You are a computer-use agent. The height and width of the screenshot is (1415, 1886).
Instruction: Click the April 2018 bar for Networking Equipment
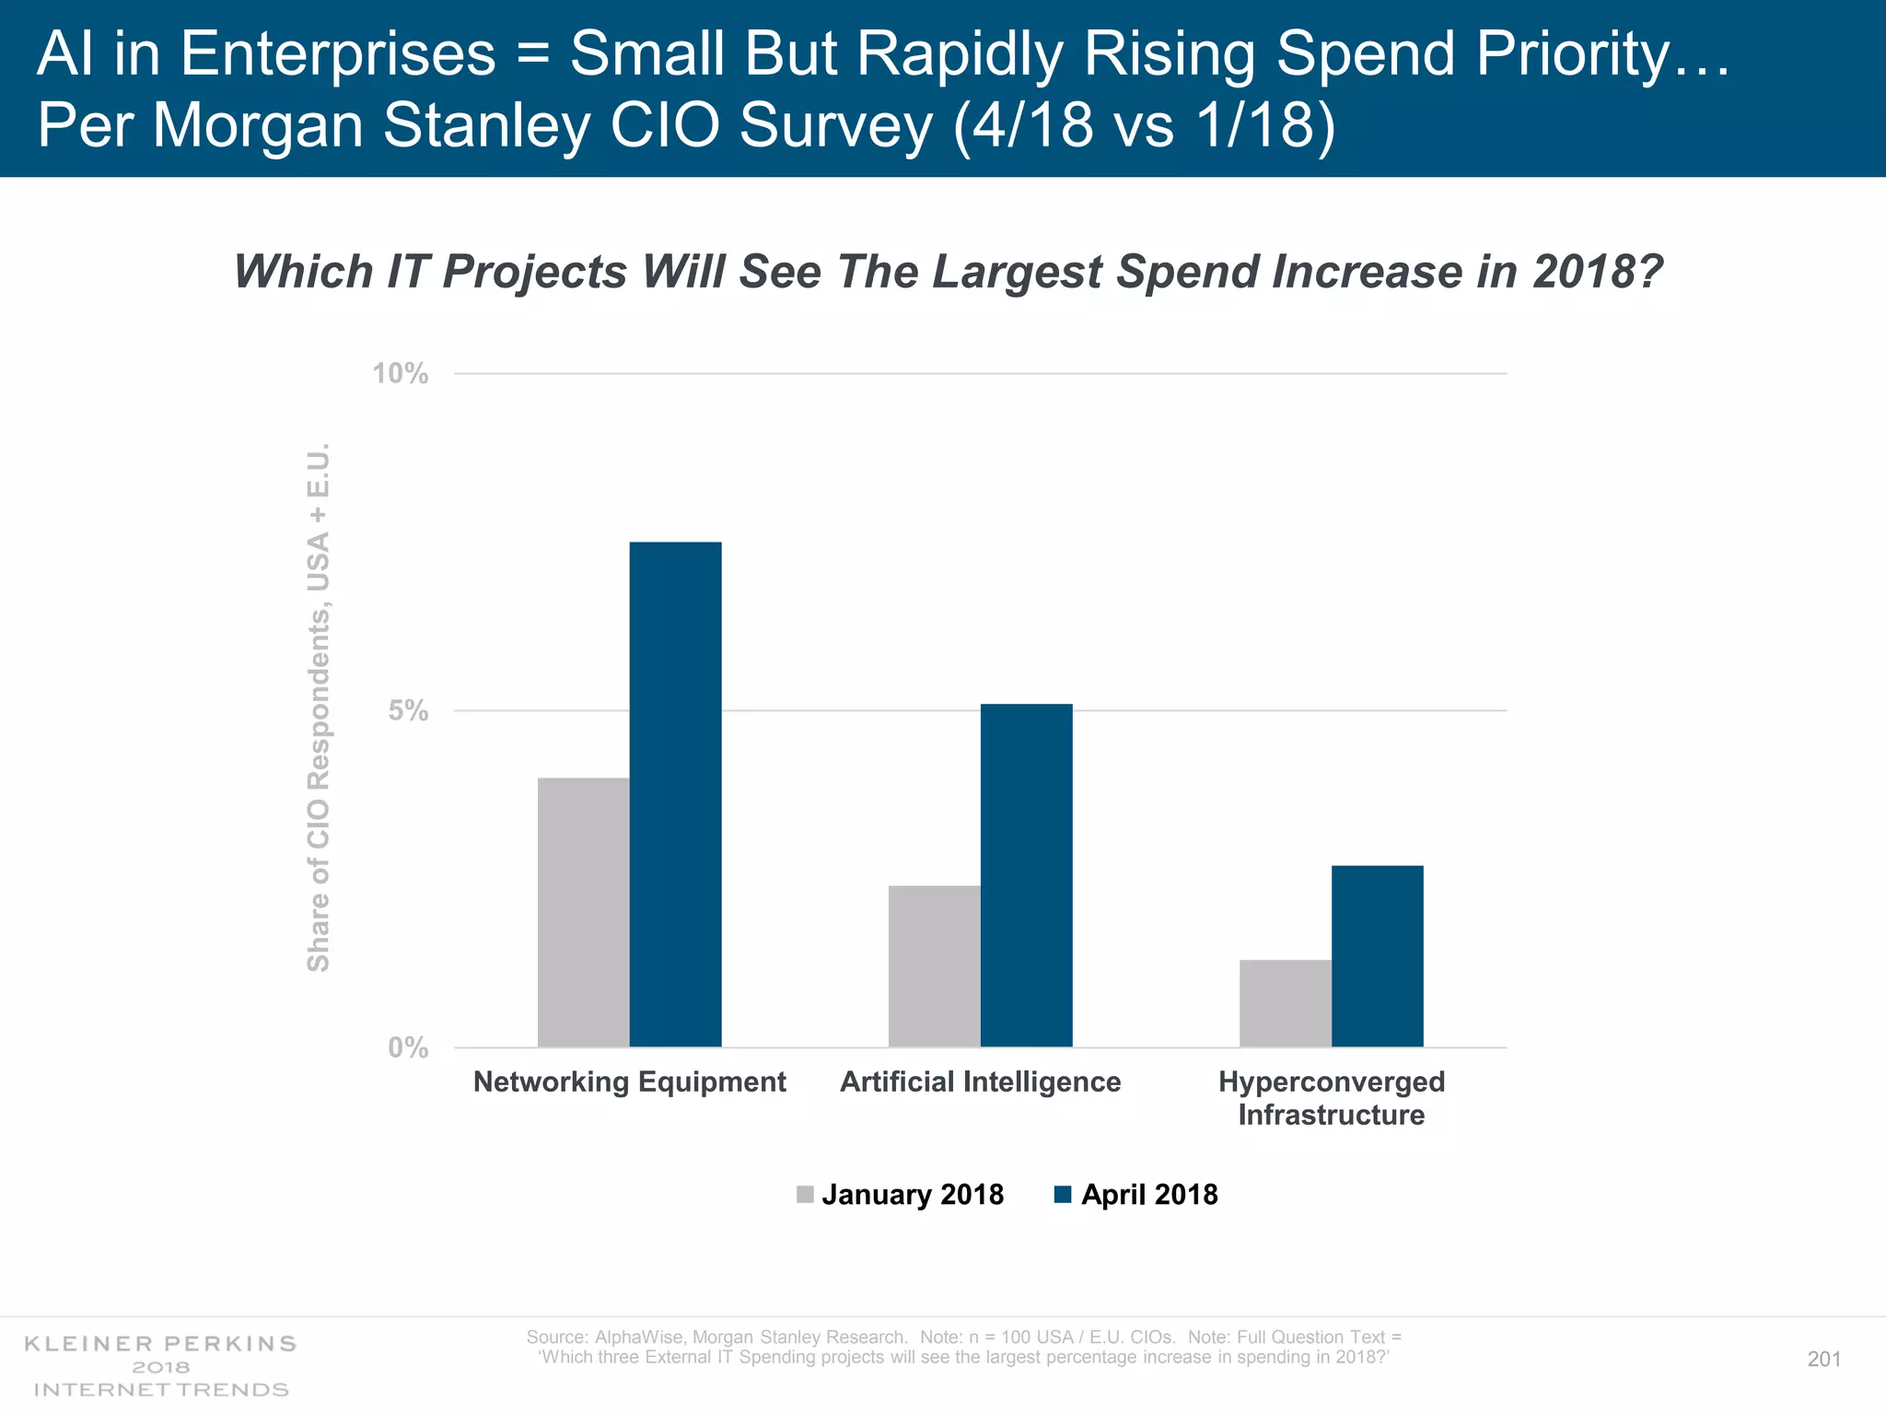pos(675,794)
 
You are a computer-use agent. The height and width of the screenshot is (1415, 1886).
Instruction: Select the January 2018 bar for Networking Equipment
pos(583,912)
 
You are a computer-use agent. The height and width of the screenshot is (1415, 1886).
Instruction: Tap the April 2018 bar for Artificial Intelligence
pos(1026,875)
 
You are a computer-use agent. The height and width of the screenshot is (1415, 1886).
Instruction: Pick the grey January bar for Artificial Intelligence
pos(934,966)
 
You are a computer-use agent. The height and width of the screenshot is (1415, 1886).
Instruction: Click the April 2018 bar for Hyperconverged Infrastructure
pos(1377,956)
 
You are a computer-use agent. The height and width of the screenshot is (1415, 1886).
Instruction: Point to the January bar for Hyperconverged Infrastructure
pos(1285,1003)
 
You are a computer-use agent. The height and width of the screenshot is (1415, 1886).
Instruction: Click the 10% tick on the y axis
pos(400,374)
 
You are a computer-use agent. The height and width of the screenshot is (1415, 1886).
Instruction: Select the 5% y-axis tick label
pos(407,710)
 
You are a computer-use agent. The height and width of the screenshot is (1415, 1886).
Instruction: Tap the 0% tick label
pos(407,1047)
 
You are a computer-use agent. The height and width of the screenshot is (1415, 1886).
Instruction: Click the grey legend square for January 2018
pos(805,1195)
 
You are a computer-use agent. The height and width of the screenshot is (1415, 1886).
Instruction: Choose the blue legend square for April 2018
pos(1063,1195)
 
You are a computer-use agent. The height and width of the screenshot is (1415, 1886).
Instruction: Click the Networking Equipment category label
pos(629,1082)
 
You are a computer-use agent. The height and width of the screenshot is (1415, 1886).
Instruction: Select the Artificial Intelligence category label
pos(980,1082)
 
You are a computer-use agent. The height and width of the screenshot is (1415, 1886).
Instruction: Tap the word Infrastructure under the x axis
pos(1331,1116)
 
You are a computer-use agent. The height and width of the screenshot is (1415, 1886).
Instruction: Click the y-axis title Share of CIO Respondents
pos(318,707)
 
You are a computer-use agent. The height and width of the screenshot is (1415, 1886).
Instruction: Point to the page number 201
pos(1823,1359)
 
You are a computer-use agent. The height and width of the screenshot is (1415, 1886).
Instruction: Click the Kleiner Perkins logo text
pos(160,1343)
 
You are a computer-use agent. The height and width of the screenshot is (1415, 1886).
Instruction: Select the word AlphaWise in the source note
pos(638,1337)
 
